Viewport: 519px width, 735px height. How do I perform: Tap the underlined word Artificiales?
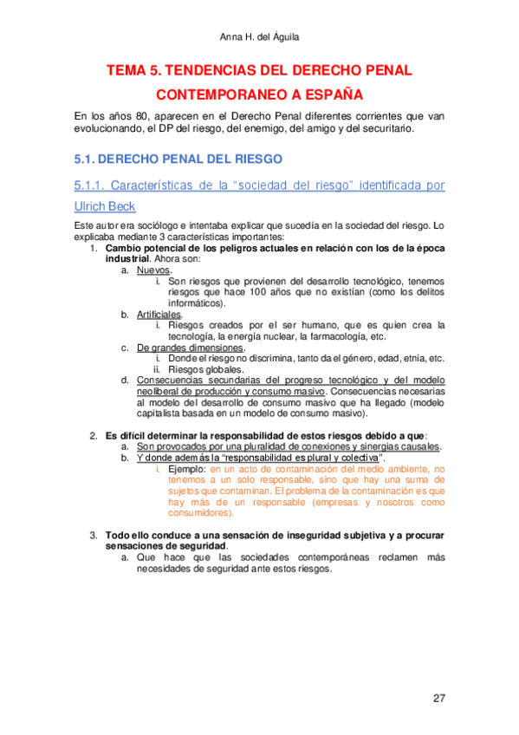pos(159,315)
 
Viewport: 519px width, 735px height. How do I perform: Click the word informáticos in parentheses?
pos(196,303)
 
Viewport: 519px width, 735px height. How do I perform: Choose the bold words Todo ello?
pos(131,535)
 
